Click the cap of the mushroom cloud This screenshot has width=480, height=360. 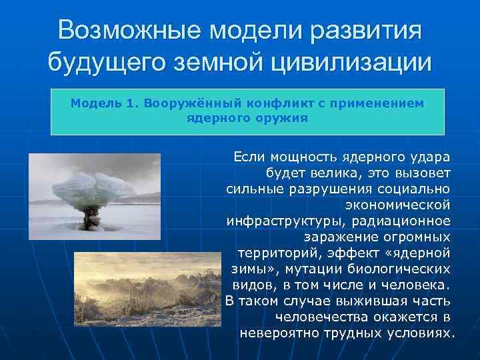tap(93, 183)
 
